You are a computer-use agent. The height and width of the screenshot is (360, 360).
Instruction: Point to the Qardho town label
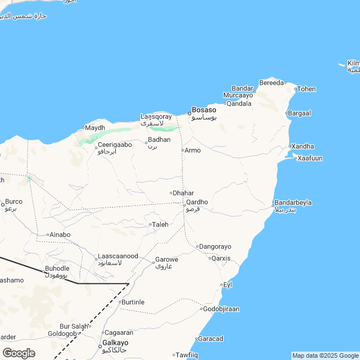point(197,202)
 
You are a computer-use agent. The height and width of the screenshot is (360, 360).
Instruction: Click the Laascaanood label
point(118,256)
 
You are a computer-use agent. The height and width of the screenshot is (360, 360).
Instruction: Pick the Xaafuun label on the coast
point(310,158)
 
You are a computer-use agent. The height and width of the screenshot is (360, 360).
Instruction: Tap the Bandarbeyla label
point(292,202)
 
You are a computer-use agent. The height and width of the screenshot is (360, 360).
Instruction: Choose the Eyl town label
point(228,285)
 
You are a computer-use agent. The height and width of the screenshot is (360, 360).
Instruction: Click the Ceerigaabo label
point(115,145)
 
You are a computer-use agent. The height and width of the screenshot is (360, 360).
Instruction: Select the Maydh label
point(95,128)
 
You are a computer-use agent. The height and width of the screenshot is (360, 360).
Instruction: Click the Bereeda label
point(272,83)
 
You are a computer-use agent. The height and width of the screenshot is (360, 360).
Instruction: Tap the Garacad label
point(211,339)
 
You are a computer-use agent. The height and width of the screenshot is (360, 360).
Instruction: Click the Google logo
point(19,353)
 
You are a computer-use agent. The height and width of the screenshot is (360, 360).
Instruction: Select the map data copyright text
point(325,355)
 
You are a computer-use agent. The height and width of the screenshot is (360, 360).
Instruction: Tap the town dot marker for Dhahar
point(171,193)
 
